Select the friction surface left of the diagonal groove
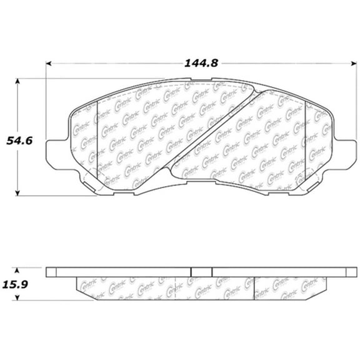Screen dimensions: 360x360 [137, 137]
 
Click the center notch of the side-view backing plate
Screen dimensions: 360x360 [201, 273]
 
